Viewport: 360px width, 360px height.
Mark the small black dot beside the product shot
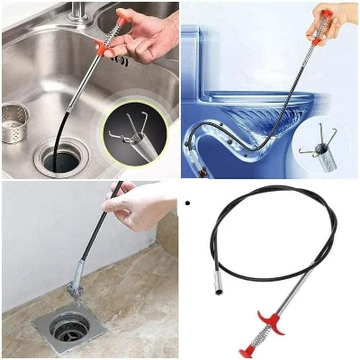pyautogui.click(x=187, y=204)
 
